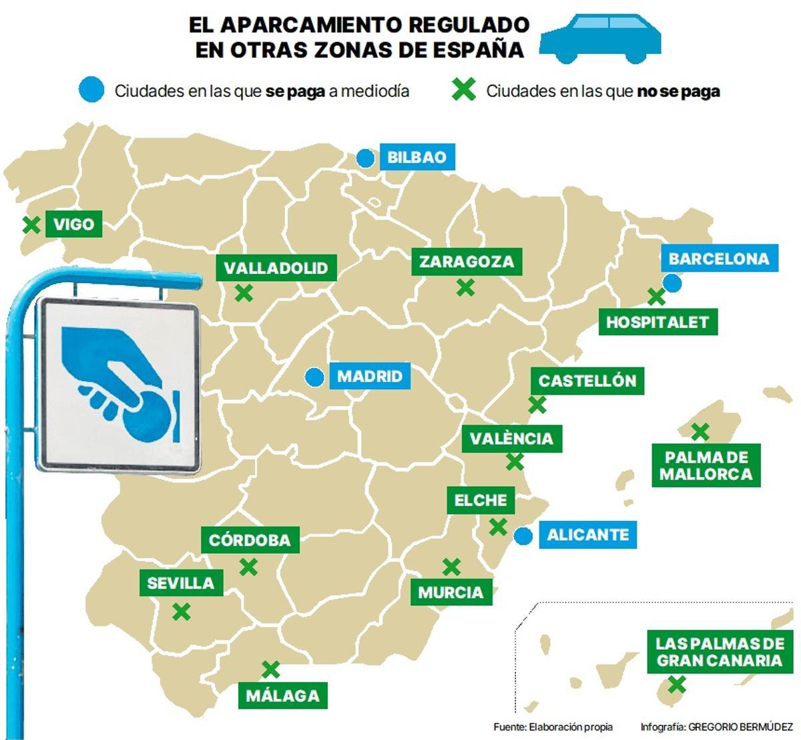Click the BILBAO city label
coord(417,158)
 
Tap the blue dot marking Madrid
coord(314,377)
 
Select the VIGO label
coord(73,224)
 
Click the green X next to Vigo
coord(31,225)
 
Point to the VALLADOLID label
coord(276,268)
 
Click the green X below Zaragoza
coord(465,287)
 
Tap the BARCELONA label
coord(719,258)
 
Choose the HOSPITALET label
coord(657,322)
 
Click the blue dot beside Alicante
coord(524,536)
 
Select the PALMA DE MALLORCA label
coord(705,466)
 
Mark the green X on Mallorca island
coord(700,431)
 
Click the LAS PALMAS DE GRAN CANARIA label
coord(719,652)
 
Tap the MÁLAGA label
coord(283,695)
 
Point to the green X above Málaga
coord(270,669)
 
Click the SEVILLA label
coord(180,583)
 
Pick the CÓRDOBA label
coord(250,540)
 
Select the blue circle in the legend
coord(91,90)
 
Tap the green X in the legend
coord(463,90)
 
